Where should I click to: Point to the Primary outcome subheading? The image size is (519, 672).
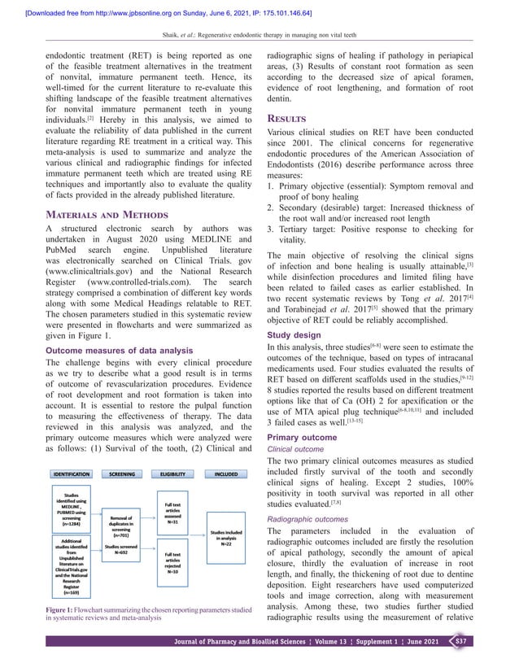302,437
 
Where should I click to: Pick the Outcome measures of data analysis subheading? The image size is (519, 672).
112,351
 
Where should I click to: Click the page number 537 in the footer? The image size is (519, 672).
460,644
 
